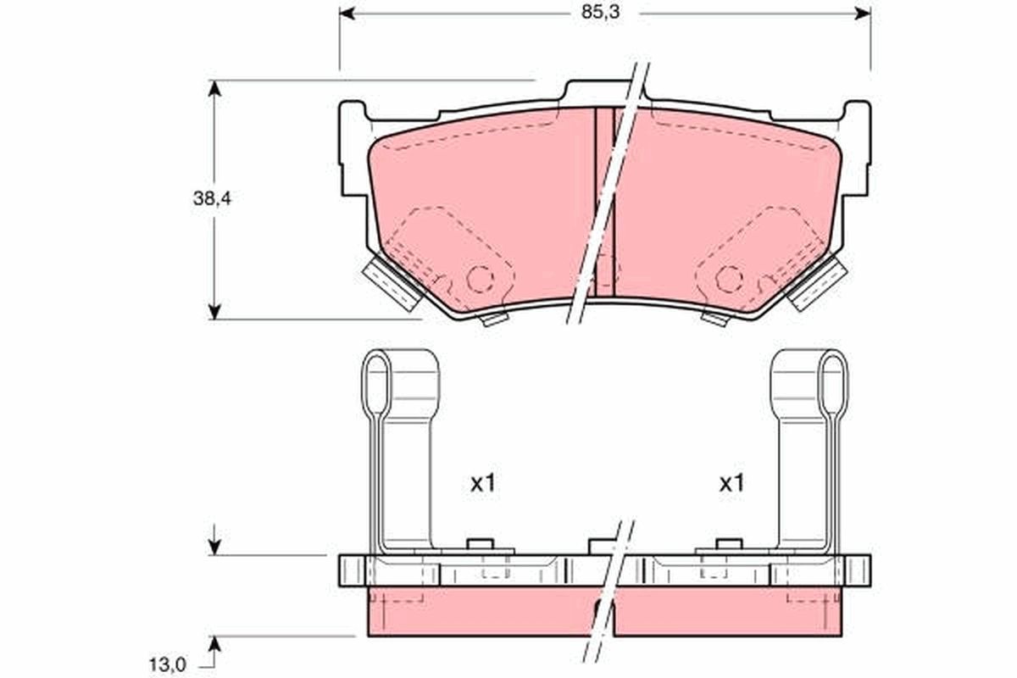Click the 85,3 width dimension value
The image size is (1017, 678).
pyautogui.click(x=600, y=13)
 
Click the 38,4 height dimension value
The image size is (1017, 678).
pyautogui.click(x=212, y=198)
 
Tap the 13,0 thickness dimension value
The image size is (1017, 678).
pyautogui.click(x=168, y=665)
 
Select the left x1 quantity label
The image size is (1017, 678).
pyautogui.click(x=482, y=484)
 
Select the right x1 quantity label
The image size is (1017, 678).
pyautogui.click(x=731, y=484)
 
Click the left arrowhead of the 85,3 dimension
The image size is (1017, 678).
pyautogui.click(x=347, y=14)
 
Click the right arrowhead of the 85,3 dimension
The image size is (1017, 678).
pyautogui.click(x=863, y=14)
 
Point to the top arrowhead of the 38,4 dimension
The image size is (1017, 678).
pyautogui.click(x=214, y=88)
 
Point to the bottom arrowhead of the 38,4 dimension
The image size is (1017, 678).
pyautogui.click(x=214, y=312)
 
